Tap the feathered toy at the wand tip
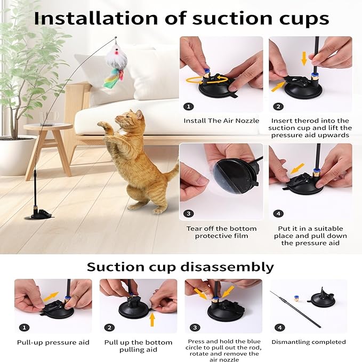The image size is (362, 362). (x=115, y=64)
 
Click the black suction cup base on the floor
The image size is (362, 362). (x=41, y=214)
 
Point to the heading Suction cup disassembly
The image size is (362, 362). (x=180, y=267)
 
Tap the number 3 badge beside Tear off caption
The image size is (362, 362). (x=188, y=213)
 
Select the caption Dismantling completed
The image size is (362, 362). (x=309, y=342)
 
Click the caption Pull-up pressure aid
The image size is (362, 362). (x=52, y=342)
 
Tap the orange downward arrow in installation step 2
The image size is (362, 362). (x=304, y=58)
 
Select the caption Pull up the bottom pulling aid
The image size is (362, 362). (x=138, y=347)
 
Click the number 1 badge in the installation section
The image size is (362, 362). (x=188, y=106)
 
